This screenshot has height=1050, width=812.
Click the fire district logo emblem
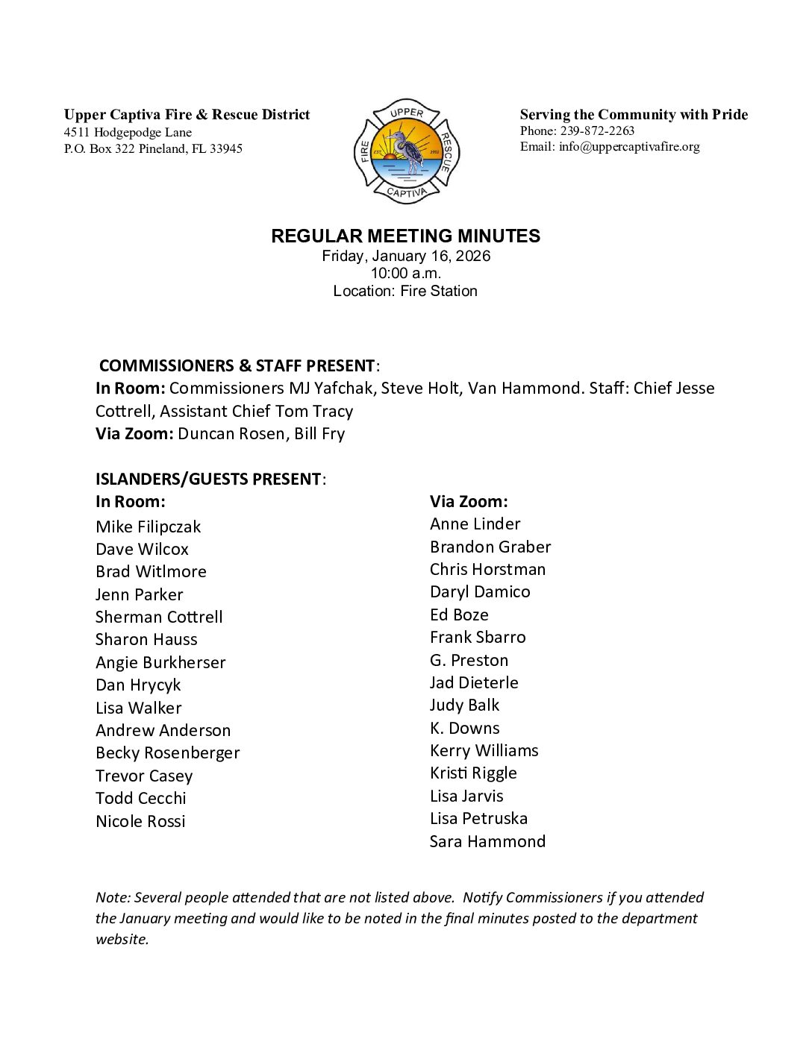click(407, 151)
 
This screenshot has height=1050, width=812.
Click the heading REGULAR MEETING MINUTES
click(405, 236)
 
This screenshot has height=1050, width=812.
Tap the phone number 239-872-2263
click(597, 131)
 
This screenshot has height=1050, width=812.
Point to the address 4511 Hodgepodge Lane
click(128, 133)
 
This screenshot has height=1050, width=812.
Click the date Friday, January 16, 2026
click(406, 256)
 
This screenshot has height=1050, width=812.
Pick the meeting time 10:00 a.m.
click(406, 273)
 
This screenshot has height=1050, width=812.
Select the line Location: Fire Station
click(405, 291)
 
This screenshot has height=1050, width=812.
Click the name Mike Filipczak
click(148, 526)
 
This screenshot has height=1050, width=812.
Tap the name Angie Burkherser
click(160, 662)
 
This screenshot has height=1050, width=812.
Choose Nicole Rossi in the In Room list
click(140, 821)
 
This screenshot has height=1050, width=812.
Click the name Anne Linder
click(475, 524)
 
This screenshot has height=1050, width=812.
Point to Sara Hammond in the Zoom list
click(487, 841)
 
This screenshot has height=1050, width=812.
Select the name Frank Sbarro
click(478, 637)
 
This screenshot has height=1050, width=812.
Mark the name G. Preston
click(469, 660)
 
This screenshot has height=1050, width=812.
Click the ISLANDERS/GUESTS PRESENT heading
click(208, 479)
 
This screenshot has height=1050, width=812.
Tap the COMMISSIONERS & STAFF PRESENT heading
click(237, 365)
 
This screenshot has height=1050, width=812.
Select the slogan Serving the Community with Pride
click(634, 115)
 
